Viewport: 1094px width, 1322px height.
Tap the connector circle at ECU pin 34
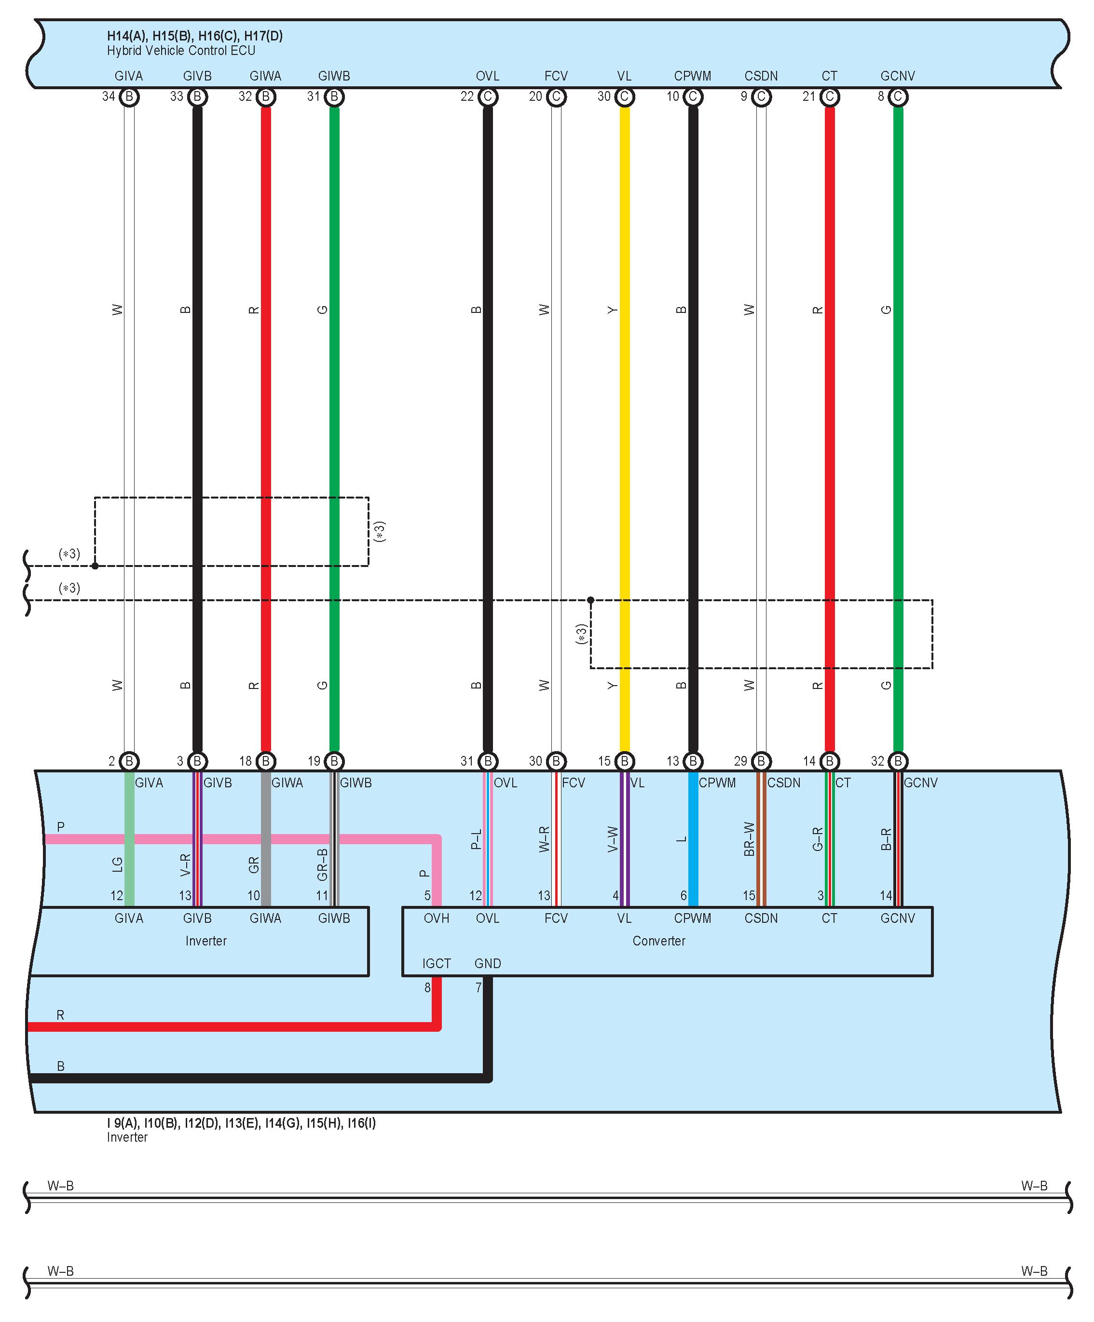(129, 97)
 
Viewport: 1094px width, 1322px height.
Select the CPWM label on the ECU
(692, 76)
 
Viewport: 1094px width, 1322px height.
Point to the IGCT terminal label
(437, 964)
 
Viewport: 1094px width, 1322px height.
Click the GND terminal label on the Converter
(488, 964)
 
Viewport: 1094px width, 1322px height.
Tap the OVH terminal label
(437, 918)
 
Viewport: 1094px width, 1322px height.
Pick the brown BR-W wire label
(749, 839)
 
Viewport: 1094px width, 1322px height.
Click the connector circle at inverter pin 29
(761, 761)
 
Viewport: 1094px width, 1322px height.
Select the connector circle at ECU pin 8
(898, 97)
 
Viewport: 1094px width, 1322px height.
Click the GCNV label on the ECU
(898, 76)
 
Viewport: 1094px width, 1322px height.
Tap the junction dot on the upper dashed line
(95, 566)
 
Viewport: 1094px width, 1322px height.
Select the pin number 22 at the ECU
(467, 97)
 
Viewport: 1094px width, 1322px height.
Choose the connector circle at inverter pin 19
(334, 761)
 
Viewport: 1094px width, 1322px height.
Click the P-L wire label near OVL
(476, 840)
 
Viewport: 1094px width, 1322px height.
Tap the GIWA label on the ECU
(265, 76)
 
